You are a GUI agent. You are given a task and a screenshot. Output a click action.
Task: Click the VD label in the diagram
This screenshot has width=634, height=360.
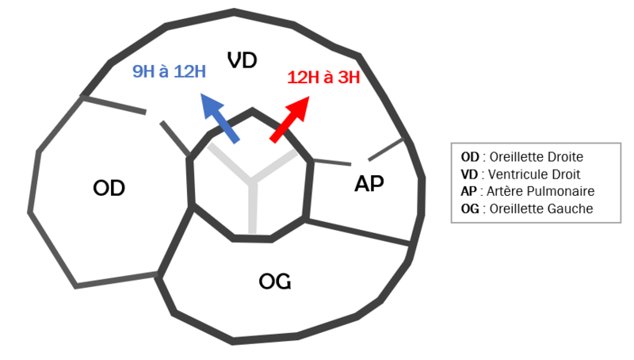(x=243, y=60)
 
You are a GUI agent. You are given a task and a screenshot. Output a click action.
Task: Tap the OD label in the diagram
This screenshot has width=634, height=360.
(x=109, y=188)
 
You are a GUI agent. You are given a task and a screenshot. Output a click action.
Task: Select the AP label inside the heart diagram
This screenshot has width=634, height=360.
(x=369, y=183)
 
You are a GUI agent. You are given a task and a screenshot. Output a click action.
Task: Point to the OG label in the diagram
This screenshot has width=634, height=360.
(x=275, y=281)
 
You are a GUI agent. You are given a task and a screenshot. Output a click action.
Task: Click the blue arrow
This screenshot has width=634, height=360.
(x=220, y=118)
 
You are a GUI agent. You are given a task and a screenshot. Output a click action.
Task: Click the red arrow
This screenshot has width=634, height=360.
(x=289, y=119)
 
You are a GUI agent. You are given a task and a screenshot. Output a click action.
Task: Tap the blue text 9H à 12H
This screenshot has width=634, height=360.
(x=170, y=71)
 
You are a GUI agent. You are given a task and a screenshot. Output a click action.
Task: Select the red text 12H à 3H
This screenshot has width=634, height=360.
(x=323, y=77)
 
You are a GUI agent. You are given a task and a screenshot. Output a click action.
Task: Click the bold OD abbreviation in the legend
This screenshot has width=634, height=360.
(x=470, y=157)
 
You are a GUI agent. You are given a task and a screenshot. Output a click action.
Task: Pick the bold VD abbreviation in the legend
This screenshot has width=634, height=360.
(x=469, y=174)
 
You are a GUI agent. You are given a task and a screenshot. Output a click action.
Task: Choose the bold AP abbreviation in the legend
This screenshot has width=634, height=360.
(x=468, y=191)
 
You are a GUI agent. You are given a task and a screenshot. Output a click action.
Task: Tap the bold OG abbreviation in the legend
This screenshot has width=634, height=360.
(x=470, y=209)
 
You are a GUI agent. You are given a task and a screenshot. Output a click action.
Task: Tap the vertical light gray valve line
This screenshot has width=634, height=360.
(x=253, y=206)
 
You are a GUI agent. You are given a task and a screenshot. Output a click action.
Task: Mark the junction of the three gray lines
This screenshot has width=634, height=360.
(x=251, y=179)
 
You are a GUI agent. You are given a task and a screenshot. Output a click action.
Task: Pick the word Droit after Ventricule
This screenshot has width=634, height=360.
(x=565, y=174)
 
